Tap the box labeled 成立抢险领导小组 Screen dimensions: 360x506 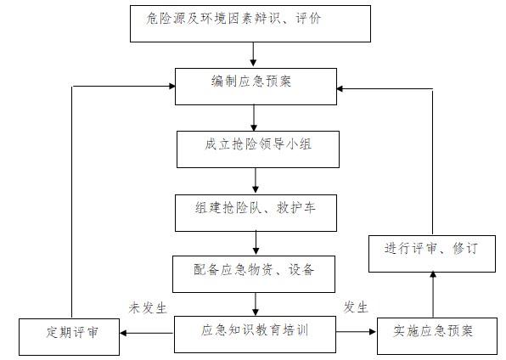tap(256, 149)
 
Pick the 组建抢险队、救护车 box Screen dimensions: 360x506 tap(256, 212)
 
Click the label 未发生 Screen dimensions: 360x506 tap(146, 307)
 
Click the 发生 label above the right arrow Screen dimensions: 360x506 tap(356, 307)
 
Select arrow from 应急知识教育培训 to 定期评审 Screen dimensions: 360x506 tap(147, 333)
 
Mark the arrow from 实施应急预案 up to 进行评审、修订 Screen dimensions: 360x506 tap(432, 294)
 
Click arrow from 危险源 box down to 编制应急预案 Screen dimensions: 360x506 tap(253, 54)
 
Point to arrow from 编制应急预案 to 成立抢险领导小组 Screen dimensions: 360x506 tap(254, 117)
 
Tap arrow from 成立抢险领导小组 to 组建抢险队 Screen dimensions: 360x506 tap(256, 180)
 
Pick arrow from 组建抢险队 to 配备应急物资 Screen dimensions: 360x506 tap(256, 243)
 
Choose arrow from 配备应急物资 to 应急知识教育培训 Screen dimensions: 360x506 tap(255, 303)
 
